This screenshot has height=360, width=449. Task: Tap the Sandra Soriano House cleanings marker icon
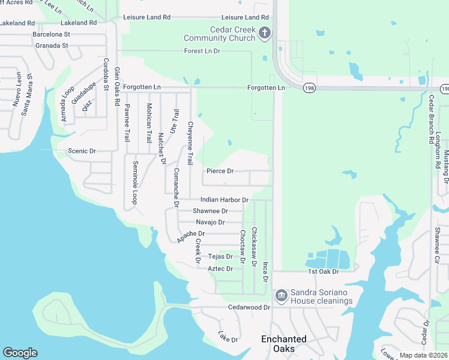[281, 296]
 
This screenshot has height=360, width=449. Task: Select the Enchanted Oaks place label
[284, 344]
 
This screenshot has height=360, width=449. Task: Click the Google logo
[20, 353]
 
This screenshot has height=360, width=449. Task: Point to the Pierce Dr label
[220, 171]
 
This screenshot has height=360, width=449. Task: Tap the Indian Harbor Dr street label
[224, 199]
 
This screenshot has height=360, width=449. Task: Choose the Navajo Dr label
[210, 222]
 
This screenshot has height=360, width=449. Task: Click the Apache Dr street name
[191, 237]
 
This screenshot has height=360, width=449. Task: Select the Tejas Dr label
[220, 257]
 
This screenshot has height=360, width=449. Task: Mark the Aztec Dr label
[220, 269]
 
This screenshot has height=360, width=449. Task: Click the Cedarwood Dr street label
[246, 307]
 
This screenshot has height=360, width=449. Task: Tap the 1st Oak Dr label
[324, 272]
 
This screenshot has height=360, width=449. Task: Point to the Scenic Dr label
[82, 151]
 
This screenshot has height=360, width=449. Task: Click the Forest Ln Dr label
[202, 51]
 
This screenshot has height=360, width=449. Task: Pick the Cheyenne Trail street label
[190, 142]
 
